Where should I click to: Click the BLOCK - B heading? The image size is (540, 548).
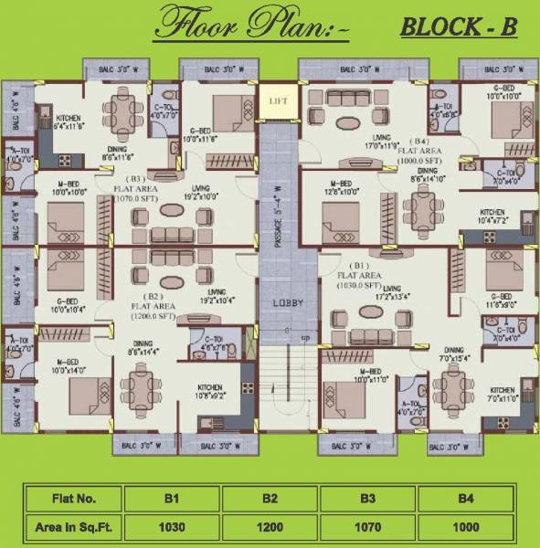459,27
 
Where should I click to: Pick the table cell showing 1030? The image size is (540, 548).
173,527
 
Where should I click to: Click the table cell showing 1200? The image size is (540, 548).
270,527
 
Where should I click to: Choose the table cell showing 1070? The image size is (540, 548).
368,527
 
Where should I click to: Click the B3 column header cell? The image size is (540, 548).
368,499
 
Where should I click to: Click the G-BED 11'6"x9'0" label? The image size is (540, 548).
499,300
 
